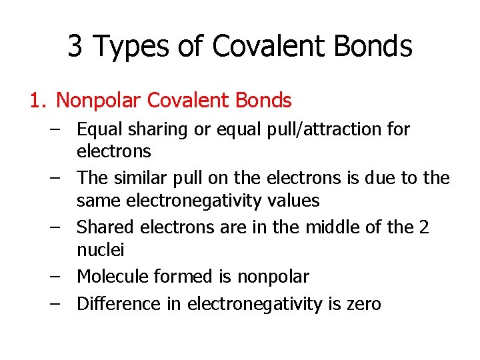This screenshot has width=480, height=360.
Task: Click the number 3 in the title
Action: tap(75, 46)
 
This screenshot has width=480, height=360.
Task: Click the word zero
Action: tap(363, 305)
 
